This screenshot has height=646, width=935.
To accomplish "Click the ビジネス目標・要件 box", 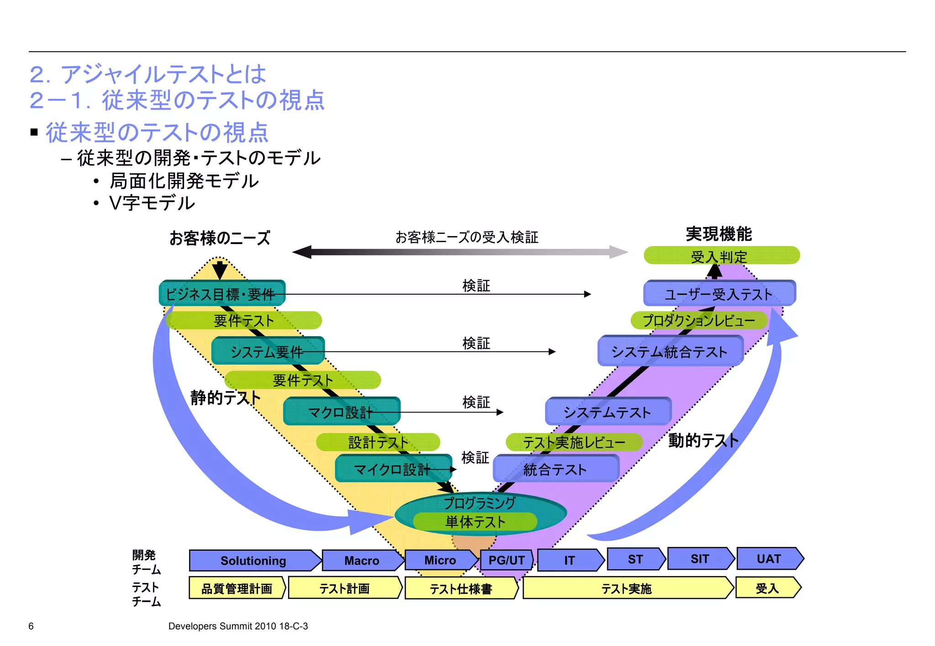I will point(222,293).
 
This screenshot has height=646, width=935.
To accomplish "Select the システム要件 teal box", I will point(268,351).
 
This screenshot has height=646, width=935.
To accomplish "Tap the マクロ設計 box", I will point(341,412).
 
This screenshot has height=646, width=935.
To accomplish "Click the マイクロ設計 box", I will point(393,469).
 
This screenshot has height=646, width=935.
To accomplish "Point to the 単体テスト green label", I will point(475,522).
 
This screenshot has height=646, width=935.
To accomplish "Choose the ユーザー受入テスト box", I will point(719,294).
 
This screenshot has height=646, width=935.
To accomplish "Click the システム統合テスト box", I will point(670,351).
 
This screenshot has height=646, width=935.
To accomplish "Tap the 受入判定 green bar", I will point(721,256).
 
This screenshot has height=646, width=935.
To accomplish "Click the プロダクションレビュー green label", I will point(699,320).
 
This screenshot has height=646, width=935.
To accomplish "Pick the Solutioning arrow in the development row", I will point(254,561).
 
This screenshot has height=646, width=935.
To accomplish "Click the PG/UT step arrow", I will point(506,560).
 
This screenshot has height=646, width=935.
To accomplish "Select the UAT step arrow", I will point(769,559).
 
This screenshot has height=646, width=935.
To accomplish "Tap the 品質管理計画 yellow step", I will point(236,588).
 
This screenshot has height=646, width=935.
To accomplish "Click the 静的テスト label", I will point(225,397).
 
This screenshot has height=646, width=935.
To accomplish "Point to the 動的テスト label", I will point(703,440).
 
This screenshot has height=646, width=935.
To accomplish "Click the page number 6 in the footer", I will point(31,626).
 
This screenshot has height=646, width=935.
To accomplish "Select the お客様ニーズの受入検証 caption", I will point(467,237).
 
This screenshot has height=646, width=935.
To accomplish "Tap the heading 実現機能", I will point(719,234).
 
